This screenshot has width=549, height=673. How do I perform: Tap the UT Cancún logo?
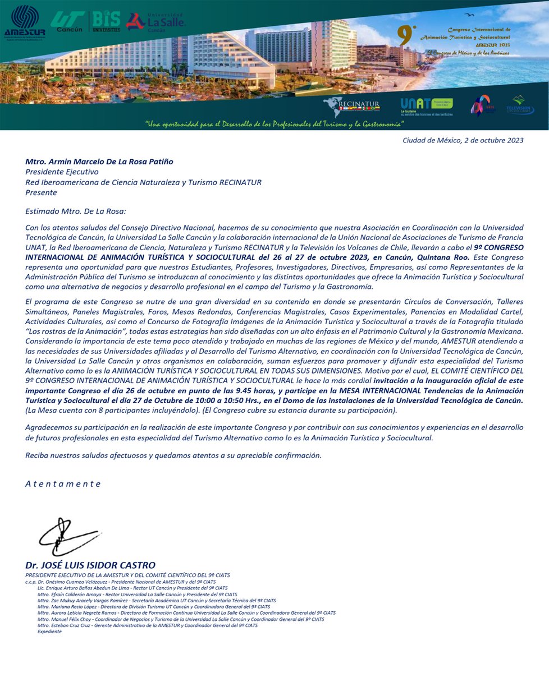tap(67, 21)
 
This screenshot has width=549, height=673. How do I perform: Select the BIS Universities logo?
tap(106, 21)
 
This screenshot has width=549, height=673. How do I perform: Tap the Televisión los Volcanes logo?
tap(520, 105)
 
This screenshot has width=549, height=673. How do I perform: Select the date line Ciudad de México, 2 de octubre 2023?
tap(463, 140)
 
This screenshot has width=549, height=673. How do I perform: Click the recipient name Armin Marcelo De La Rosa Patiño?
tap(99, 162)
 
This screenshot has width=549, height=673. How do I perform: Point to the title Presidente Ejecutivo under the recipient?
tap(62, 172)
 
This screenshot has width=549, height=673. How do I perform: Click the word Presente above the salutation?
tap(41, 192)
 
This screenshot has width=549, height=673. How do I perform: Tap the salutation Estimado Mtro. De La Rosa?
tap(76, 211)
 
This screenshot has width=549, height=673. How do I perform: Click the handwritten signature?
tap(65, 537)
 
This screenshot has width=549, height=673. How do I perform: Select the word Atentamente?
tap(63, 484)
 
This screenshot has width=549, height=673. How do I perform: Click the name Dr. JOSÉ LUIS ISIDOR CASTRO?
tap(90, 565)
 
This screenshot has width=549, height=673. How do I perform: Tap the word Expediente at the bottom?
tap(49, 631)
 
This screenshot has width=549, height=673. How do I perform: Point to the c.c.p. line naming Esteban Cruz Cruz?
tap(148, 625)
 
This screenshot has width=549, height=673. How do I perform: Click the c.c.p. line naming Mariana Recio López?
tap(153, 607)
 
